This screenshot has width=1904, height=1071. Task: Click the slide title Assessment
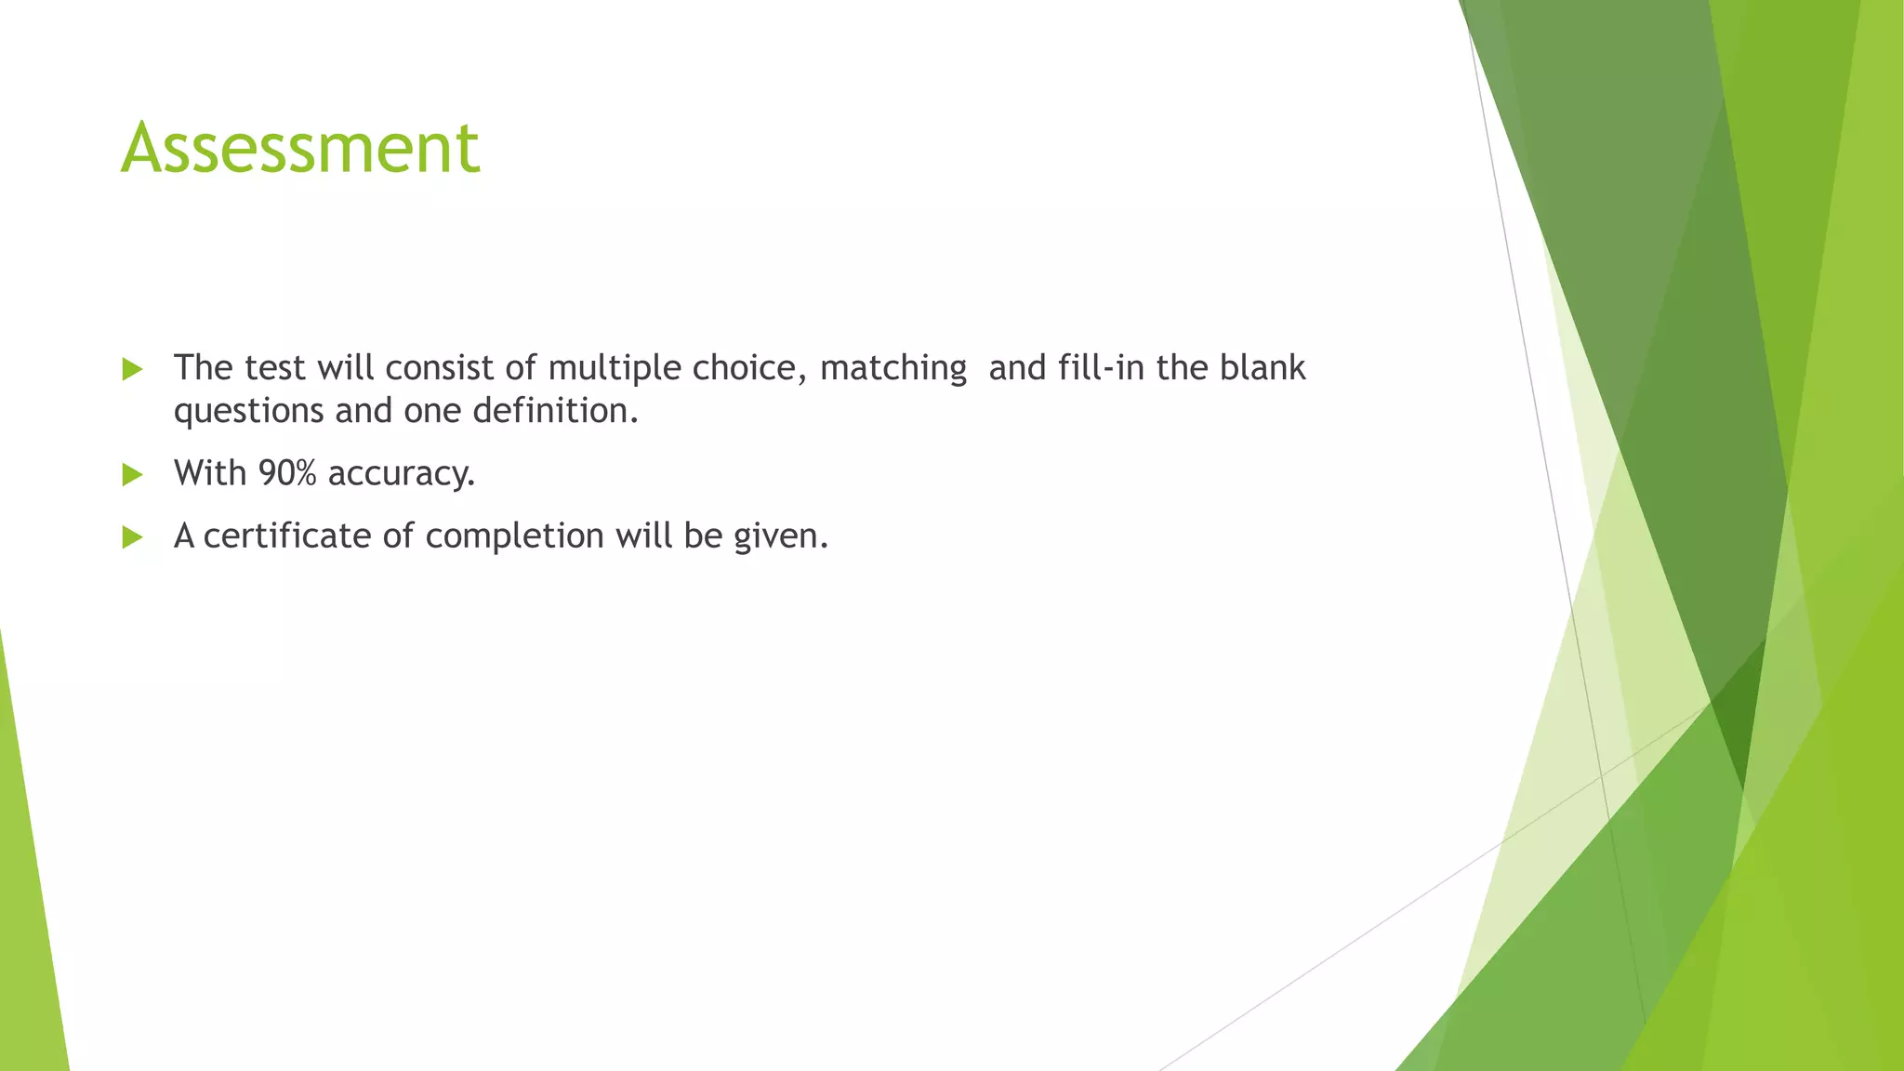click(300, 148)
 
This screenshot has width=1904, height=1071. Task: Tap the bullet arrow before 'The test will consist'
click(132, 370)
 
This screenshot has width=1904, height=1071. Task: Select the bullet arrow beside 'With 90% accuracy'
click(132, 475)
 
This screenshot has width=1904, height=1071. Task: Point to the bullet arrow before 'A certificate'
click(132, 537)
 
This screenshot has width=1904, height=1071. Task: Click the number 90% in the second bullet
click(287, 473)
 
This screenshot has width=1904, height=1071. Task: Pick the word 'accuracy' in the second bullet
click(401, 474)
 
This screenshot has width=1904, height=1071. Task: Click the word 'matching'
click(892, 368)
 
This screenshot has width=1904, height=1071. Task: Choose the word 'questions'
click(248, 411)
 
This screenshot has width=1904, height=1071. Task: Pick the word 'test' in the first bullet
click(275, 368)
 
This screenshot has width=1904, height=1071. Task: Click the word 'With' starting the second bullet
click(210, 473)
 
